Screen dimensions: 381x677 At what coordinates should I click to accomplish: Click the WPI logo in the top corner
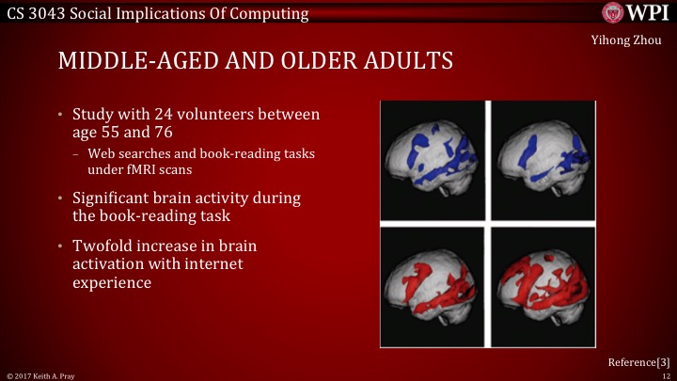636,13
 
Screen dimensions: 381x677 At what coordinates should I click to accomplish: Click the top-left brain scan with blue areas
432,159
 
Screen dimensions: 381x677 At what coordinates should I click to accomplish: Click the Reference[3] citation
638,362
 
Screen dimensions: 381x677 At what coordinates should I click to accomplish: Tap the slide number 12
665,375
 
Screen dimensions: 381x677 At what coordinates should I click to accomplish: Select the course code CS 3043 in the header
37,13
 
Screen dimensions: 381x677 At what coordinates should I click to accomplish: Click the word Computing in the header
272,13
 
